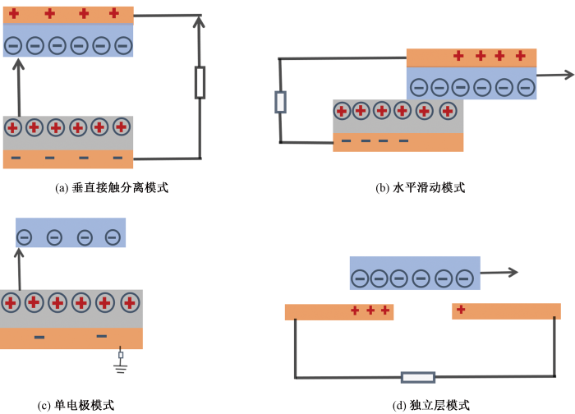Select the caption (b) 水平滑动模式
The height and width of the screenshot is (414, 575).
[421, 188]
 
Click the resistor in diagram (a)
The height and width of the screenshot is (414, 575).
[200, 83]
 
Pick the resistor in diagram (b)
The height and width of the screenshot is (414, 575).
[281, 102]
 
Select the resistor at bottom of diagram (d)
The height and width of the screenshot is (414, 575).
[417, 378]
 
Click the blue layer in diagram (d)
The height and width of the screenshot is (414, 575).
[415, 273]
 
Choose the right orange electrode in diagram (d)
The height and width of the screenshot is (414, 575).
[506, 311]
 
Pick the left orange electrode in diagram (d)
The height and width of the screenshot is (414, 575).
[339, 312]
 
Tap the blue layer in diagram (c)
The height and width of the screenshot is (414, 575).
[71, 232]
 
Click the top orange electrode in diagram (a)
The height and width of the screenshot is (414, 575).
[67, 14]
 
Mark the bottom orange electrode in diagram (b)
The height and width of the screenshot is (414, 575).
[398, 142]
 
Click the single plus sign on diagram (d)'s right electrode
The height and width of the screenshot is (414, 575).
[461, 310]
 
